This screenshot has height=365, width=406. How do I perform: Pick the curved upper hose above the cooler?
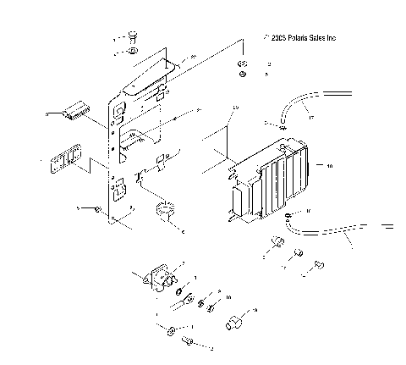pyautogui.click(x=304, y=105)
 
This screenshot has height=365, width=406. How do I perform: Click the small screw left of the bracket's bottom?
pyautogui.click(x=99, y=208)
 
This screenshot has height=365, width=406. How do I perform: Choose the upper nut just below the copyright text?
pyautogui.click(x=243, y=65)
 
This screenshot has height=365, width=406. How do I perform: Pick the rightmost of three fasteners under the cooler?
pyautogui.click(x=317, y=263)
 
